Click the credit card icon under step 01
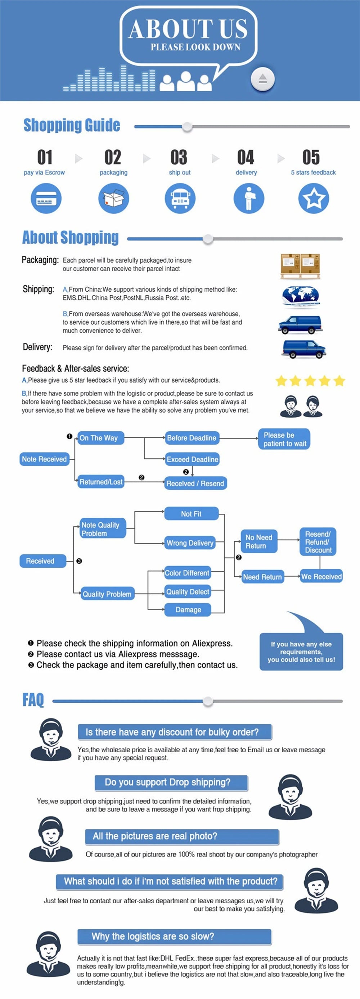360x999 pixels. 46,198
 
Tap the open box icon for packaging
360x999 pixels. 113,198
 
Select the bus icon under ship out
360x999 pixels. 180,198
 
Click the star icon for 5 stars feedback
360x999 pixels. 314,198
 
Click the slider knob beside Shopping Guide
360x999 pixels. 187,126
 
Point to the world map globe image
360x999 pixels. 301,297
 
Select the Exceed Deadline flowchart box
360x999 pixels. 192,459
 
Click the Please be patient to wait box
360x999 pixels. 284,439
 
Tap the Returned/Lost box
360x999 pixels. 101,482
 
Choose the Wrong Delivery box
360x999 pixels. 190,543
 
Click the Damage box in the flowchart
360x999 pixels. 188,610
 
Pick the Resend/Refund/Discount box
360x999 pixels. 318,542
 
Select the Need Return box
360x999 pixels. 262,577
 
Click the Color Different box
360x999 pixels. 187,573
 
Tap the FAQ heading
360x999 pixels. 33,700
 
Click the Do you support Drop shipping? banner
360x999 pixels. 171,782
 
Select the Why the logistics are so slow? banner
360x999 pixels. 174,936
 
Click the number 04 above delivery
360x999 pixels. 246,158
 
